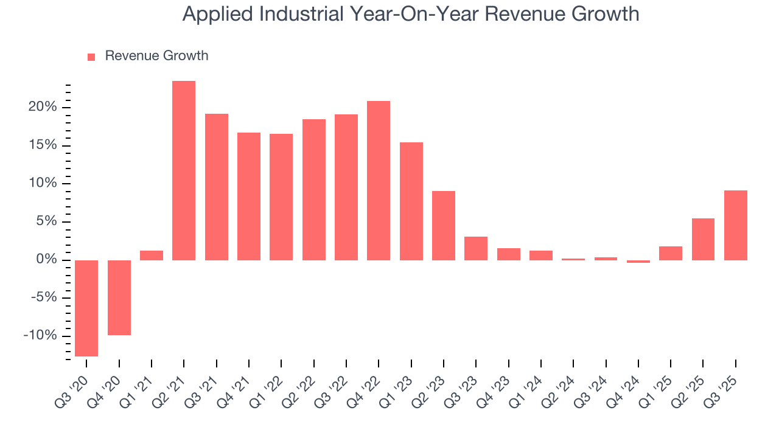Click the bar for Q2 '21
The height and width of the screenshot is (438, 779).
tap(184, 170)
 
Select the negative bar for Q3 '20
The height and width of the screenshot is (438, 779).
tap(86, 308)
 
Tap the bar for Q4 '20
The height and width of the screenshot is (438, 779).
tap(119, 297)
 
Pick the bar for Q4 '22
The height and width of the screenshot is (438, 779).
tap(379, 181)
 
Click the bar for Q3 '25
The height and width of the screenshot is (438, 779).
tap(735, 225)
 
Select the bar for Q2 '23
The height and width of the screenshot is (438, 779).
tap(444, 226)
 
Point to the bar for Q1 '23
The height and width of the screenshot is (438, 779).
tap(411, 201)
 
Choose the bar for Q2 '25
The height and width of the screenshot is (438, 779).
tap(703, 239)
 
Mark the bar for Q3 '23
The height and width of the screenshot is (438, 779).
tap(476, 248)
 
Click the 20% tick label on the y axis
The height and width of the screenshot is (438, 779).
tap(42, 108)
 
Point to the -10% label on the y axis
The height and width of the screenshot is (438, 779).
tap(40, 336)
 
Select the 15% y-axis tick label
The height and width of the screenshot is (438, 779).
tap(42, 145)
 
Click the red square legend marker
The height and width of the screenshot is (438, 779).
tap(91, 57)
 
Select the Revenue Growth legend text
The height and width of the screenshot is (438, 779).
tap(156, 56)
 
